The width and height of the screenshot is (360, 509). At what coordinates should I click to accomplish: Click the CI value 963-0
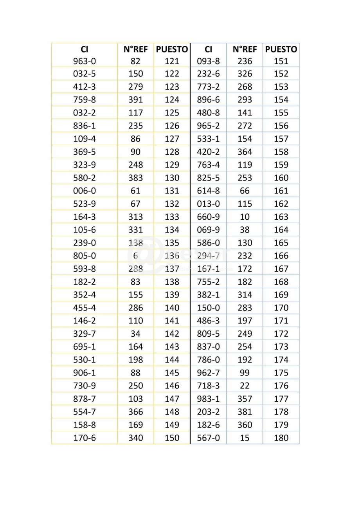pos(84,61)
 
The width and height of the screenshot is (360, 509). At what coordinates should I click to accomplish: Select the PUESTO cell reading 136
pos(172,256)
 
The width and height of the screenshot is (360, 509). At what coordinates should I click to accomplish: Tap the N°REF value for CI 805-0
pos(135,256)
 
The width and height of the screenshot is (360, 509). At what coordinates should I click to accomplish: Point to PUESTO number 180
pos(281,438)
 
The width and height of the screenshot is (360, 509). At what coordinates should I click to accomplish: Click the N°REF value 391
pos(135,100)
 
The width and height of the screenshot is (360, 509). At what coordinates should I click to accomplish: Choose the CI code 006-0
pos(84,191)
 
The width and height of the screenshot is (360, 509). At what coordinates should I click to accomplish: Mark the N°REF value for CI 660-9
pos(245,217)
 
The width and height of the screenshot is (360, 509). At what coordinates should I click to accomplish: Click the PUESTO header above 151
pos(281,49)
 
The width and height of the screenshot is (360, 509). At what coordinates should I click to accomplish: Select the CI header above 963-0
pos(84,49)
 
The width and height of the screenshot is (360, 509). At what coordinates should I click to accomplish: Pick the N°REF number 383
pos(135,178)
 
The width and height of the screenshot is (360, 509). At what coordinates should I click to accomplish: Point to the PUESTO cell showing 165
pos(281,243)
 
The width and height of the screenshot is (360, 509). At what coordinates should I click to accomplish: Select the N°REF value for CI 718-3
pos(245,386)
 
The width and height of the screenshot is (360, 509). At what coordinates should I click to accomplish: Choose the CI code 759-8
pos(84,100)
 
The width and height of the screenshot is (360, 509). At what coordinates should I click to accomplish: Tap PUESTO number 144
pos(172,360)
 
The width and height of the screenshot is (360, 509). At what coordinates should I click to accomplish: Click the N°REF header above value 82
pos(135,49)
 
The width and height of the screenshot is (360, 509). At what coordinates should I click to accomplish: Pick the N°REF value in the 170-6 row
pos(135,438)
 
